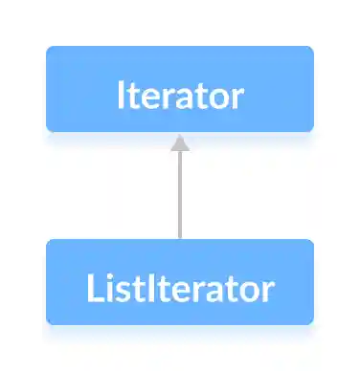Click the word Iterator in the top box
(x=180, y=97)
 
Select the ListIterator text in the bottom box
(x=180, y=287)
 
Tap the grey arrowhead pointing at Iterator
(x=180, y=143)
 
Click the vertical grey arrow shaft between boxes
(x=180, y=196)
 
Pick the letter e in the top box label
(x=146, y=98)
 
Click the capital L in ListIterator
(x=92, y=287)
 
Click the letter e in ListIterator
(x=179, y=289)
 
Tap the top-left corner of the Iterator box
(x=49, y=49)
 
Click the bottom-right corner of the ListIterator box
(x=311, y=321)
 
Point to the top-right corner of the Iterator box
(x=311, y=49)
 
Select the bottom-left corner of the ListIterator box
(x=49, y=321)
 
